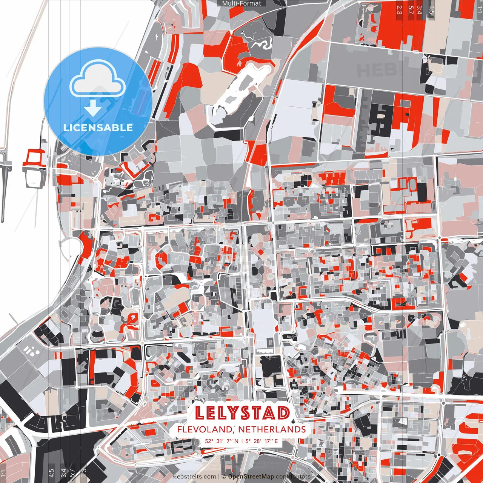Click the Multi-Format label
coord(241,3)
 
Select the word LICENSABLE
coord(98,128)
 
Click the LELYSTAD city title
coord(243,413)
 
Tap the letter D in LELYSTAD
coord(283,413)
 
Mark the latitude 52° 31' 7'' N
coord(222,441)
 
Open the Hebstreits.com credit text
coord(194,477)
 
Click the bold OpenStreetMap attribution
coord(251,477)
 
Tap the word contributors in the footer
coord(293,477)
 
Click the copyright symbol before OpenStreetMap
coord(224,477)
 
